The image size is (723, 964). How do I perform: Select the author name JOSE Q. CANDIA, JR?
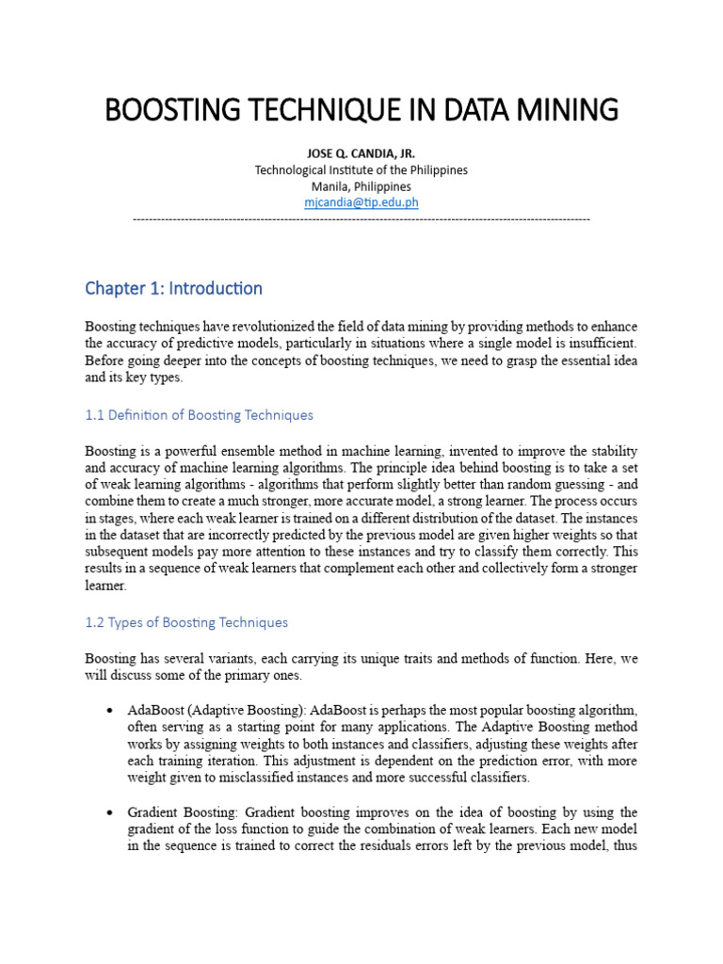click(361, 153)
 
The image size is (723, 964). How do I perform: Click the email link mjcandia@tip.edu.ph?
click(361, 202)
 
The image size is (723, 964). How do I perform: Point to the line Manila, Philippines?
click(361, 186)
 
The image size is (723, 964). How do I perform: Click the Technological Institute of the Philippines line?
click(361, 170)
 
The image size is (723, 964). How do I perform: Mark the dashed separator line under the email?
click(361, 218)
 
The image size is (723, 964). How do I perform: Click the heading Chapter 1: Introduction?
click(173, 288)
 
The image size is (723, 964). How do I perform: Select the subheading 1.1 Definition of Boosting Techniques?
click(199, 415)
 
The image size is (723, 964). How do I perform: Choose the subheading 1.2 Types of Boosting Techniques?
click(186, 622)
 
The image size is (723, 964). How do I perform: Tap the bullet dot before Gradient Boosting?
click(111, 812)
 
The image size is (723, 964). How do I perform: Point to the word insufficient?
click(595, 344)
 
